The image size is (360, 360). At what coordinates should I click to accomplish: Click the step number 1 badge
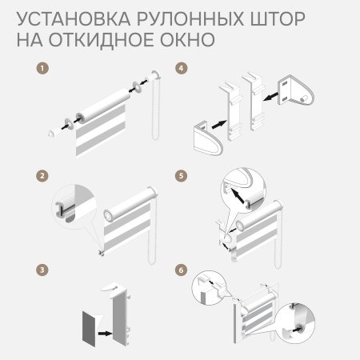click(x=42, y=68)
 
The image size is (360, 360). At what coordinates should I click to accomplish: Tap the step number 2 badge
click(x=42, y=176)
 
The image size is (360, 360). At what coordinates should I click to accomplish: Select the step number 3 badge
click(x=42, y=270)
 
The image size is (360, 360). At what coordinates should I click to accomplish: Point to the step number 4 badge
click(x=182, y=68)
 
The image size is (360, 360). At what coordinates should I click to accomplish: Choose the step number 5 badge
click(x=182, y=176)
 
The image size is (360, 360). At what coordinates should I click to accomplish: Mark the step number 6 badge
click(x=182, y=270)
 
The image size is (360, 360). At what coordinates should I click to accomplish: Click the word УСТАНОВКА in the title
click(x=74, y=19)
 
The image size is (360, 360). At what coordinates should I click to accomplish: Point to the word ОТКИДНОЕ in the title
click(x=101, y=40)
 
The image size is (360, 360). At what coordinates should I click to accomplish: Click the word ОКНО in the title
click(x=187, y=40)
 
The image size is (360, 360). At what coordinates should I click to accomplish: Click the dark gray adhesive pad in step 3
click(x=89, y=329)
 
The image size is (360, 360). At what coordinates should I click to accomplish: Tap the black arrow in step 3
click(x=105, y=334)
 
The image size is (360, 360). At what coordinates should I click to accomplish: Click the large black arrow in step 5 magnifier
click(x=238, y=196)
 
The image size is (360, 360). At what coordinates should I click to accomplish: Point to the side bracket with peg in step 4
click(x=295, y=92)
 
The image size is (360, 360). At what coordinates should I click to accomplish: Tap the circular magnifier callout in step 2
click(x=74, y=206)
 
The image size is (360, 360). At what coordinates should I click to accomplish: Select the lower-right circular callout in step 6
click(x=294, y=323)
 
